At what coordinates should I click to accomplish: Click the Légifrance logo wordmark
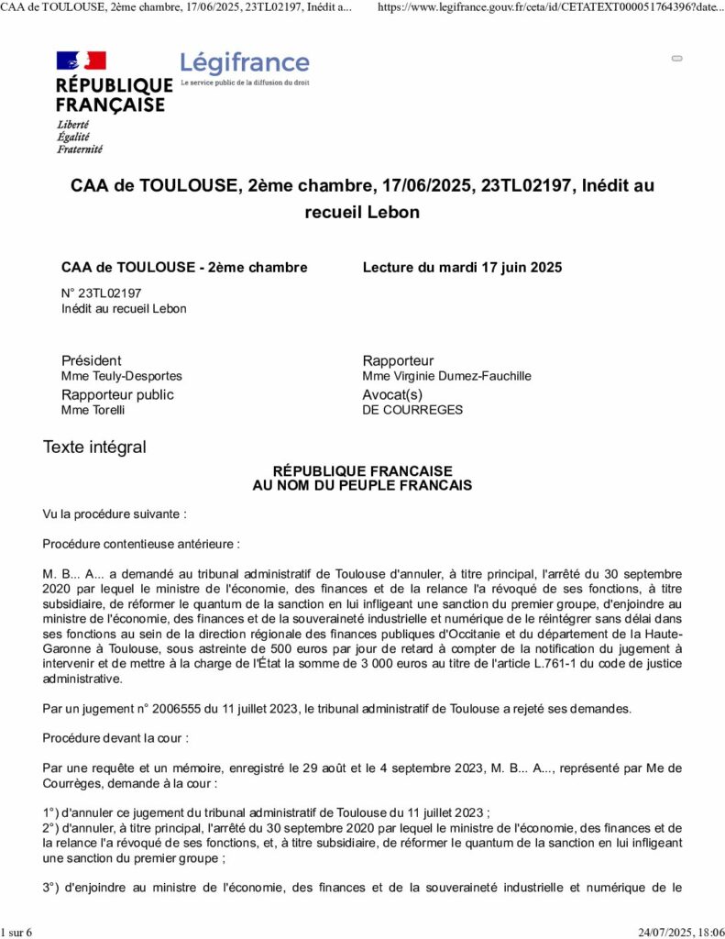(245, 63)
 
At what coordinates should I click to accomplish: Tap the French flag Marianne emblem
(82, 61)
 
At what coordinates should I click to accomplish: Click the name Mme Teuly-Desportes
(121, 376)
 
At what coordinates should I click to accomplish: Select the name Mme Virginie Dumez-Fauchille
(446, 376)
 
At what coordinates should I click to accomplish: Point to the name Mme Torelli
(93, 410)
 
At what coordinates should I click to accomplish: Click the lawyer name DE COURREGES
(412, 410)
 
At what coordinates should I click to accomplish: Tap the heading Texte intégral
(94, 447)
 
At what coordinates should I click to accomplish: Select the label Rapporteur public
(117, 394)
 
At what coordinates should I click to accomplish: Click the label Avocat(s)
(393, 394)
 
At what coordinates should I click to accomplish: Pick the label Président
(91, 360)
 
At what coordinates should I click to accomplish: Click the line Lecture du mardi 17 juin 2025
(462, 268)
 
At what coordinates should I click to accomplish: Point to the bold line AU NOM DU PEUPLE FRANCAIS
(362, 485)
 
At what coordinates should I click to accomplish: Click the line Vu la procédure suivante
(115, 514)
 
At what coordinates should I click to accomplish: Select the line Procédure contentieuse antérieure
(141, 544)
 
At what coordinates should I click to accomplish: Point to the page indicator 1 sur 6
(16, 933)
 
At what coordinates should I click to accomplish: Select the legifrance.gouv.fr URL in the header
(551, 6)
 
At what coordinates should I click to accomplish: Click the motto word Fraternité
(80, 149)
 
